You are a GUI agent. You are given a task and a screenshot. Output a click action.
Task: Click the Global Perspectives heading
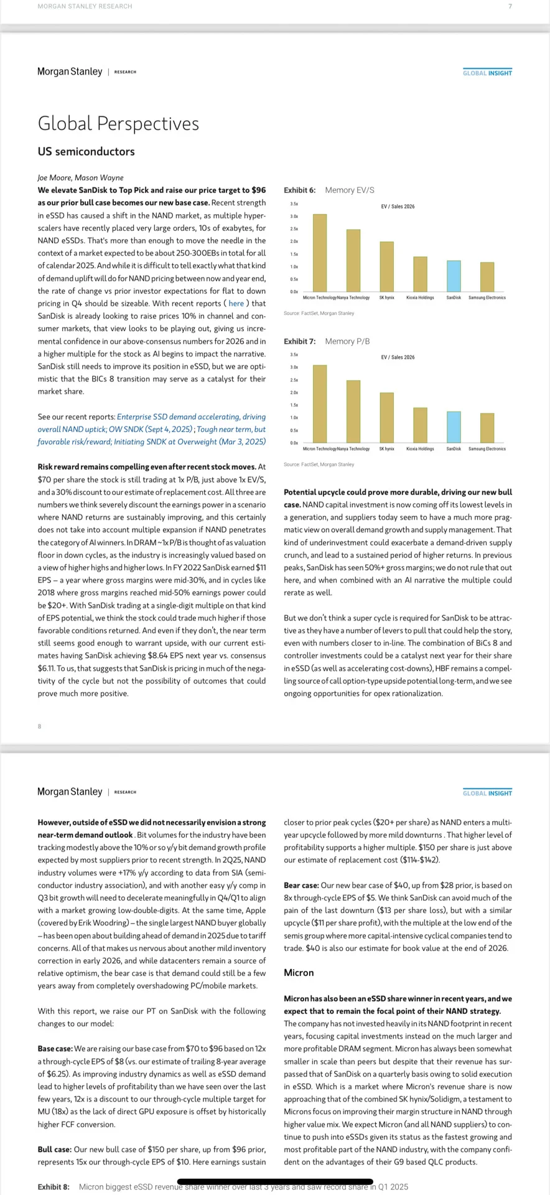point(118,123)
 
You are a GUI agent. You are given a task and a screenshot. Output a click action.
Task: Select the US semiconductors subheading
point(86,151)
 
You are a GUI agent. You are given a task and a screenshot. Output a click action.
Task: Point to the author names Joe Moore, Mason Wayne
point(80,177)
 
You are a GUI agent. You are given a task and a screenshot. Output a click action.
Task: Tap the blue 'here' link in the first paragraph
point(236,303)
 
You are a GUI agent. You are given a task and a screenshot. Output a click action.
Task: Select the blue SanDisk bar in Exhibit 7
point(454,427)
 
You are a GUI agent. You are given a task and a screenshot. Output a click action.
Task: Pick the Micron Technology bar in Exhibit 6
point(320,253)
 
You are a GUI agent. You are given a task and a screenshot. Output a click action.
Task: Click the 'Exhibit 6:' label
point(300,190)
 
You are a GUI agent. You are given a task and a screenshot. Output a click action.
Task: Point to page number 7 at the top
point(510,6)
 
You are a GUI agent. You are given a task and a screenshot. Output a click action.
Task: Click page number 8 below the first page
point(39,726)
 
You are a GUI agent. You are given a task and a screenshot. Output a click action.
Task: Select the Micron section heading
point(299,972)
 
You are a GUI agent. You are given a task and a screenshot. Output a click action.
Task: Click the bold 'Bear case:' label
point(301,885)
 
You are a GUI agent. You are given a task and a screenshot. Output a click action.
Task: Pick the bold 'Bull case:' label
point(54,1150)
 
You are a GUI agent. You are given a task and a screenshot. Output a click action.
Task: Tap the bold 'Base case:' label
point(55,1049)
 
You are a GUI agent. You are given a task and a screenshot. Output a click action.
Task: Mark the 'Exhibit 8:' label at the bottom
point(54,1187)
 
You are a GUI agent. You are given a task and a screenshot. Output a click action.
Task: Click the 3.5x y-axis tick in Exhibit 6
point(294,204)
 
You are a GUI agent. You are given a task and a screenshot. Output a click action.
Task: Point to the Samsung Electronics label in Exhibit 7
point(487,449)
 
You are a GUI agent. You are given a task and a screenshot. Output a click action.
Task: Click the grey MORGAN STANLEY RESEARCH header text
point(85,6)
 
